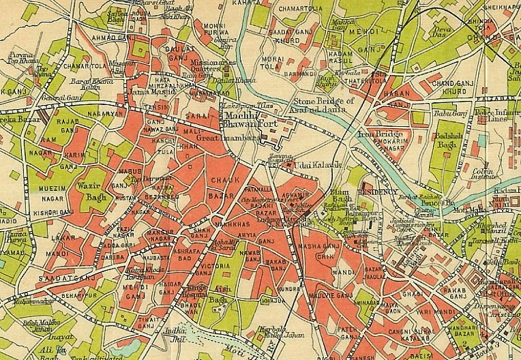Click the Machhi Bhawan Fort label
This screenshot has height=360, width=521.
click(x=246, y=119)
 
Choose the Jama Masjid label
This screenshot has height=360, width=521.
click(x=162, y=91)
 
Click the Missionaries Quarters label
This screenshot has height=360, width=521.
click(x=214, y=66)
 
